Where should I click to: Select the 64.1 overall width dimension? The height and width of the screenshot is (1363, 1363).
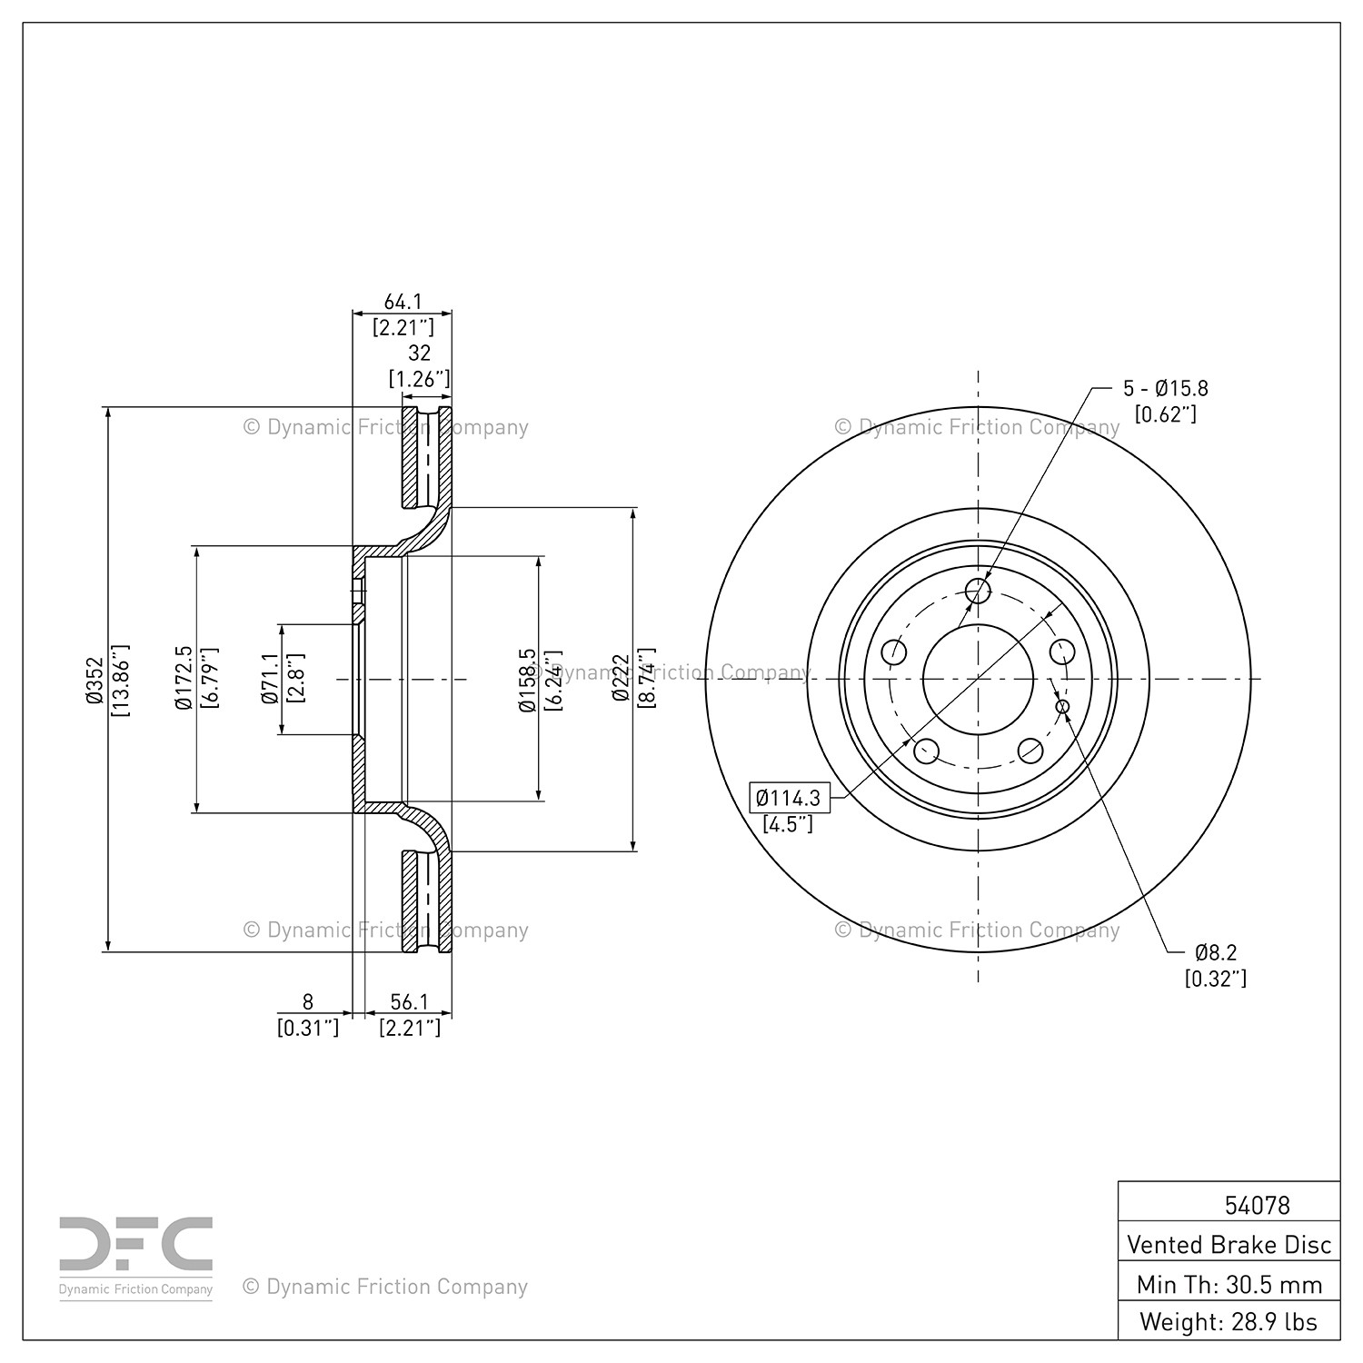[x=403, y=302]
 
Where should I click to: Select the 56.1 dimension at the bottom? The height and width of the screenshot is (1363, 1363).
[x=409, y=1001]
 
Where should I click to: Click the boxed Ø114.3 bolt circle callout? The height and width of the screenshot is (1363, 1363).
[x=789, y=798]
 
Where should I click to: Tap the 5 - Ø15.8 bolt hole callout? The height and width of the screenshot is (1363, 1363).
[x=1166, y=389]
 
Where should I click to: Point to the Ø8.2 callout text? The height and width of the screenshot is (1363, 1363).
[x=1216, y=952]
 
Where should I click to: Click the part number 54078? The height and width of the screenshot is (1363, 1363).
[x=1258, y=1205]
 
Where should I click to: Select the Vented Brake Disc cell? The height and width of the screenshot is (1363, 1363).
[x=1229, y=1244]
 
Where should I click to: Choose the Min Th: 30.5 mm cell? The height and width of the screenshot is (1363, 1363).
[x=1229, y=1284]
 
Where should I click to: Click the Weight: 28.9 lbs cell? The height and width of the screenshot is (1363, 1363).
[x=1229, y=1321]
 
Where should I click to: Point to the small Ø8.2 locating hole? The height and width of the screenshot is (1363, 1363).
[x=1062, y=706]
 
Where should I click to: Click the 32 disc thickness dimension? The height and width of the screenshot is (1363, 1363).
[x=419, y=353]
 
